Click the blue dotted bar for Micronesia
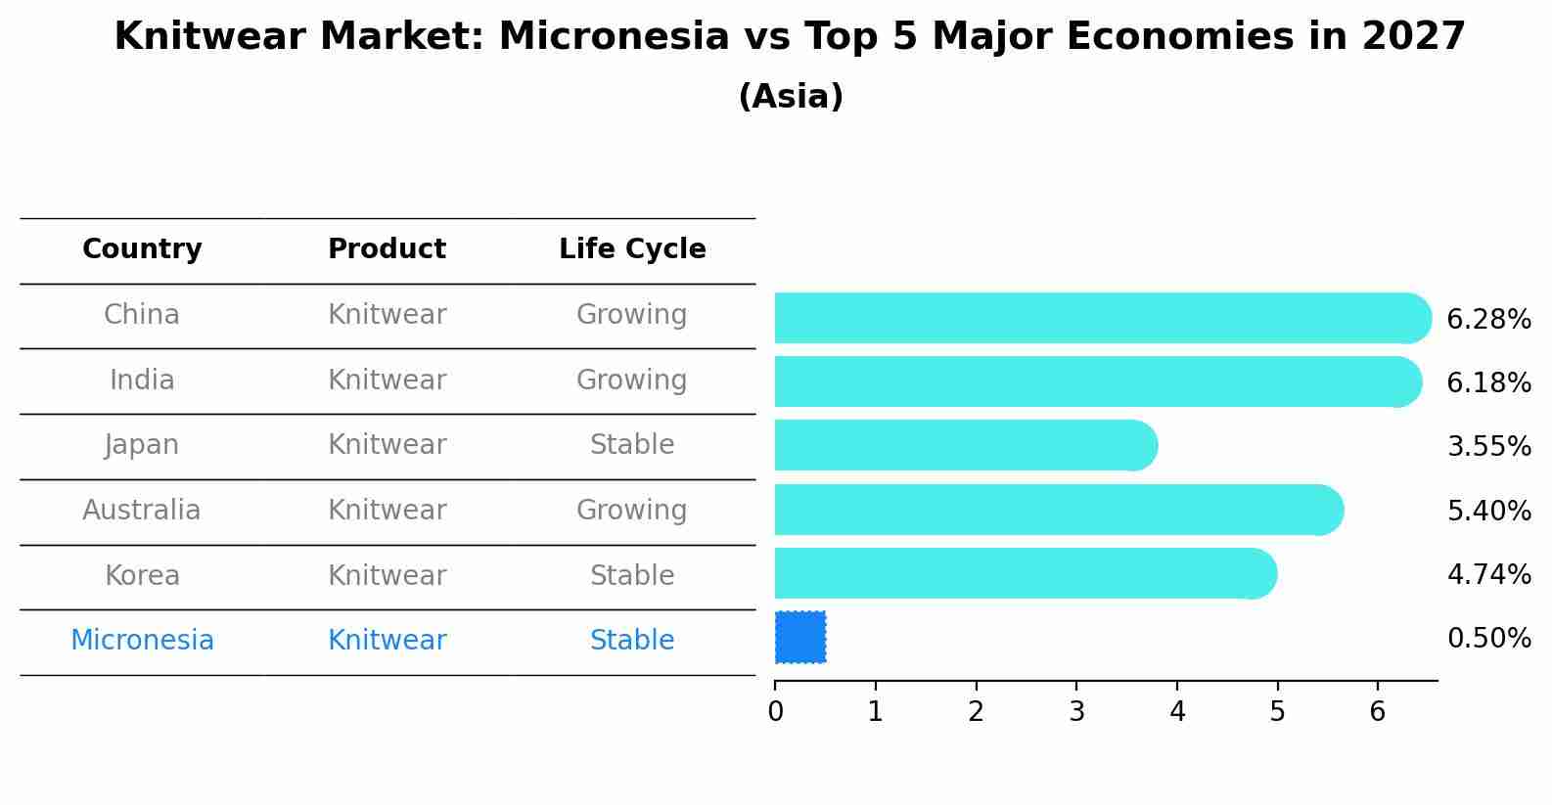click(800, 637)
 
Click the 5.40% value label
click(1488, 511)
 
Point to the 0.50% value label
click(1488, 639)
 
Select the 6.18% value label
click(1488, 382)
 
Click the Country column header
click(142, 249)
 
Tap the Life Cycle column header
click(632, 249)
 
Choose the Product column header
click(387, 249)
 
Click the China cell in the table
click(142, 315)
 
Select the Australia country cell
click(142, 511)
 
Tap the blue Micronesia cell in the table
click(142, 641)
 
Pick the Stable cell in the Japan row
click(632, 445)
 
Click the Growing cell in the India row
click(632, 380)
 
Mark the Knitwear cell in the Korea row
click(387, 575)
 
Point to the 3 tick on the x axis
click(1076, 711)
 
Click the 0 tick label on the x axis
click(775, 711)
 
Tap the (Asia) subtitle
click(791, 97)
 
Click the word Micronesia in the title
click(615, 37)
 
